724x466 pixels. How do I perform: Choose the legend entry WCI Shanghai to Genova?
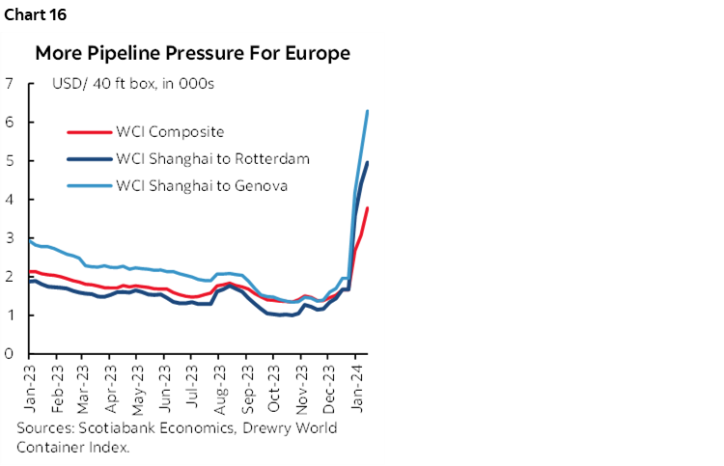202,185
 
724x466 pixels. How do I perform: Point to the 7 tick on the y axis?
9,83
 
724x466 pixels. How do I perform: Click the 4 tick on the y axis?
9,199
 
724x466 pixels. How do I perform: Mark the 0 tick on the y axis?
9,353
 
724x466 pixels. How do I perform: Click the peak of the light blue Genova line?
368,111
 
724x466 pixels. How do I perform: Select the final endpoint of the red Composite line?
368,208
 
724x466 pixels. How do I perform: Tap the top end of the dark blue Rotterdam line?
368,162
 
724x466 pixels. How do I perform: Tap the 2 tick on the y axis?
9,276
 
